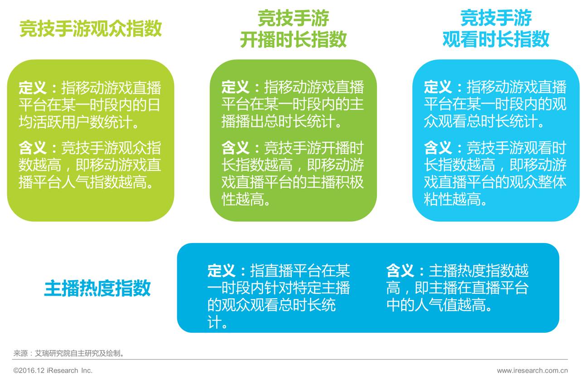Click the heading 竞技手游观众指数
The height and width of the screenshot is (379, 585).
click(x=91, y=29)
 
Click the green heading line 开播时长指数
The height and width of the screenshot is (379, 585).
click(x=293, y=39)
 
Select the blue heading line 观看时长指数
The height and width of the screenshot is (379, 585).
click(x=496, y=39)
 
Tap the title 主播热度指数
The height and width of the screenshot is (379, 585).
click(x=97, y=288)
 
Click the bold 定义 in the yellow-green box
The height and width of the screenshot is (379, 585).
click(x=32, y=87)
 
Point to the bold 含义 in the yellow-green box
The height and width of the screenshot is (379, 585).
click(x=32, y=148)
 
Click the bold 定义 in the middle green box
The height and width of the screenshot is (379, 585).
click(x=235, y=87)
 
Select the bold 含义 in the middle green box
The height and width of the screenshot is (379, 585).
click(x=235, y=148)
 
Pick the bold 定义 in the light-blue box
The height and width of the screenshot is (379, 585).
click(x=438, y=87)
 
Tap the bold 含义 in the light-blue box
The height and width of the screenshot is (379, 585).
click(x=438, y=148)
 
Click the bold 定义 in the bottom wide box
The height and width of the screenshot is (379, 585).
click(x=222, y=271)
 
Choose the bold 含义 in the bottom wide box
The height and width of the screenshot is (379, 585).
click(x=400, y=271)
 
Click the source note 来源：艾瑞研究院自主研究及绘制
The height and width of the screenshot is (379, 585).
click(x=69, y=354)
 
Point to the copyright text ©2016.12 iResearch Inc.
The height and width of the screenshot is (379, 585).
click(x=53, y=370)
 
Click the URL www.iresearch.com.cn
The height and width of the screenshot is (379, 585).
click(x=532, y=370)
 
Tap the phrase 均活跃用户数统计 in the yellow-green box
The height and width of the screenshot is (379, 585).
click(x=76, y=122)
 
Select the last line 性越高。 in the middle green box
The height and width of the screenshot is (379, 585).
click(x=246, y=199)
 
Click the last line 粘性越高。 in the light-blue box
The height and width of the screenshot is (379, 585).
click(x=455, y=199)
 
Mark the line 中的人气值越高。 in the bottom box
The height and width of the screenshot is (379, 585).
click(x=439, y=305)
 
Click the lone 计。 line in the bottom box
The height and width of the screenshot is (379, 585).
click(x=218, y=322)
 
